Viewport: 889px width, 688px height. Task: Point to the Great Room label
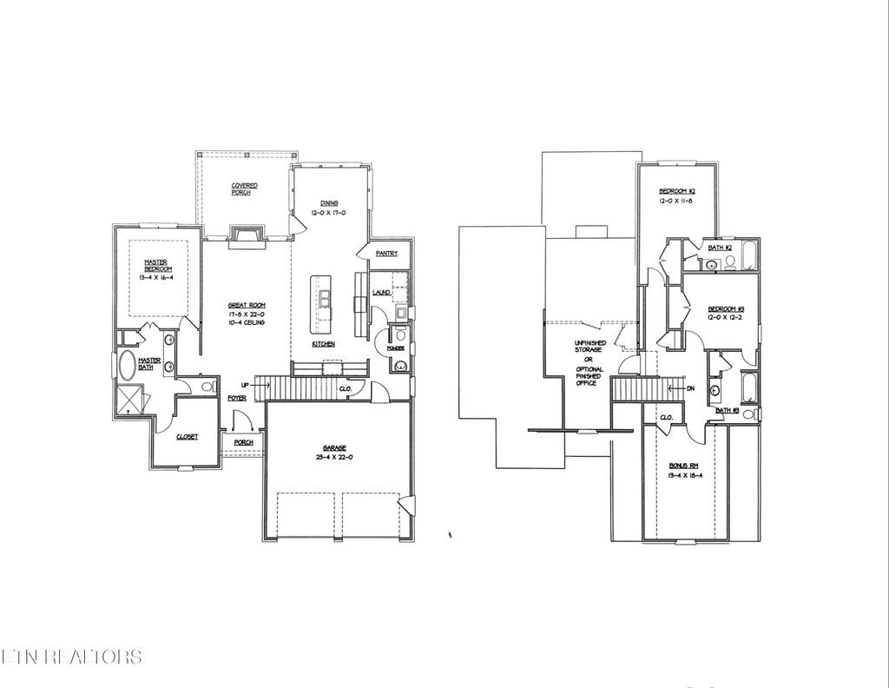[247, 305]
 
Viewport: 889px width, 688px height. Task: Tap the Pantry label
[386, 255]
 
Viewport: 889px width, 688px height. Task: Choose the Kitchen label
[324, 345]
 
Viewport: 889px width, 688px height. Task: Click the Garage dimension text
[335, 456]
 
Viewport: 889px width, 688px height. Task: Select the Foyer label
[235, 398]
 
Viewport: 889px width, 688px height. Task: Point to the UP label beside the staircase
[247, 383]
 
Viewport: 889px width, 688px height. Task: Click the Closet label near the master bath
[187, 437]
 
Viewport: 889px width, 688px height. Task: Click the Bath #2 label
[716, 248]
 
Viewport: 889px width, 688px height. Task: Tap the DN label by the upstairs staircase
[690, 388]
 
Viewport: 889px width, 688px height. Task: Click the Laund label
[379, 294]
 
